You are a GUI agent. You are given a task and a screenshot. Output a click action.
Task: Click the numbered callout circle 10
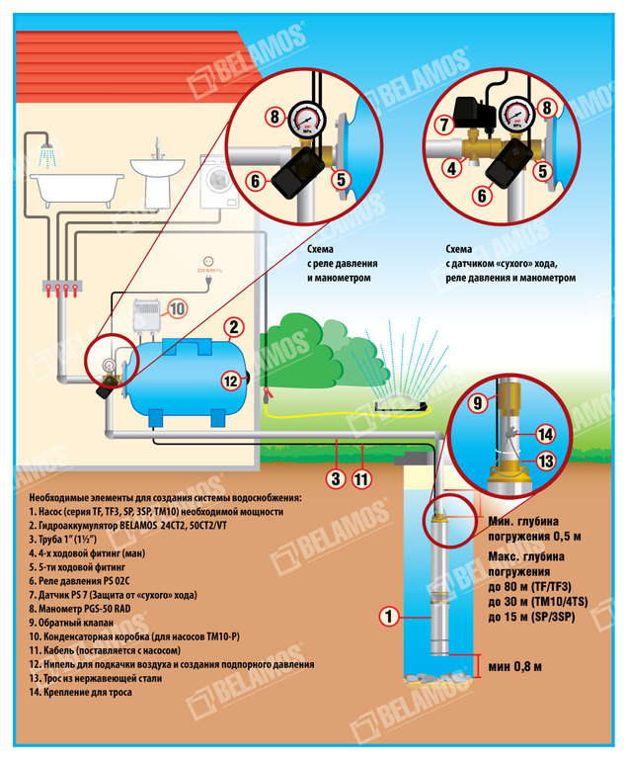coord(175,309)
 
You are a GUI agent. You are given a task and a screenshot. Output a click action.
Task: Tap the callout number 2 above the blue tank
coord(233,328)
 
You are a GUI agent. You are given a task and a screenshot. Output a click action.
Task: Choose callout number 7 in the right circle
coord(443,125)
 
